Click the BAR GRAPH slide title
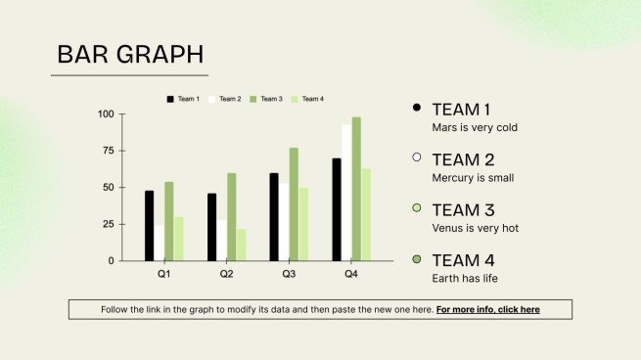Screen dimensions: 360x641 130,55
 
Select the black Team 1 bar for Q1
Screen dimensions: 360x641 149,225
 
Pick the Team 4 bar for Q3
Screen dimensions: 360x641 303,224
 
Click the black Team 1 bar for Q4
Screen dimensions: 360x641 337,209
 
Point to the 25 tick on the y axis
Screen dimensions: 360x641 108,224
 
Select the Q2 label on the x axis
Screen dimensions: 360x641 226,274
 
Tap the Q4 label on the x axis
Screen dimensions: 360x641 351,274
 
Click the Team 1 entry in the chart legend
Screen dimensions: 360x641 183,99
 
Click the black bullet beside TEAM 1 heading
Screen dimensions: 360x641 417,108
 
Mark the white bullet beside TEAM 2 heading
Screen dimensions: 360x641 417,157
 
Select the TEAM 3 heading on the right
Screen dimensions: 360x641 463,210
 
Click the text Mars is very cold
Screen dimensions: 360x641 475,127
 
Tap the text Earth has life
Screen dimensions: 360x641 467,279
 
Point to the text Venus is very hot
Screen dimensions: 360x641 476,228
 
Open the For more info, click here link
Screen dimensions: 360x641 487,310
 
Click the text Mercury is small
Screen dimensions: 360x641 473,178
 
